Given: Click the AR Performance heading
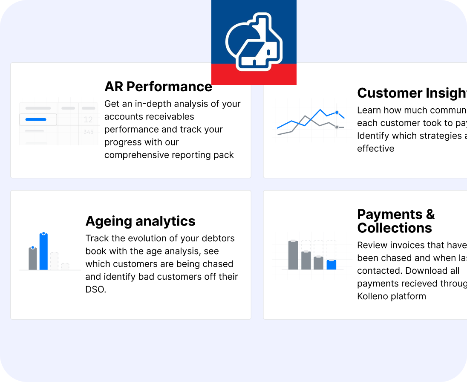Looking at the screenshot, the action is tap(158, 87).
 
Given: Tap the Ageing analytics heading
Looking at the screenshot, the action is tap(140, 221).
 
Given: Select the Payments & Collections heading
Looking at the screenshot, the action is tap(395, 221).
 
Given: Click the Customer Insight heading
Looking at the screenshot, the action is tap(412, 93).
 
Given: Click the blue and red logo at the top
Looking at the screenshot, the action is tap(254, 42).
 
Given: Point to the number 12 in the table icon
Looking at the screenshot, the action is tap(88, 120).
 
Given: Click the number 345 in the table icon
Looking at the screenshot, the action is tap(88, 132).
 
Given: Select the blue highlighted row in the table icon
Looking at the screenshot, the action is tap(38, 120).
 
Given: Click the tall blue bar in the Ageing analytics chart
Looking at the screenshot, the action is tap(43, 252).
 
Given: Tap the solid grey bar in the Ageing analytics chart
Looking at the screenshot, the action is tap(33, 258).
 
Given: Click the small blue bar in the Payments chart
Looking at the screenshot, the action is tap(331, 265).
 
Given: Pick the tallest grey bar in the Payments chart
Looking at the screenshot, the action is tap(293, 255).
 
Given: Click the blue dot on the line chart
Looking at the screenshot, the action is tap(337, 113).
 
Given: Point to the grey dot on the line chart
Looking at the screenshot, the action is tap(337, 127).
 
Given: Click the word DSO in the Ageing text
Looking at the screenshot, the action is tap(95, 289).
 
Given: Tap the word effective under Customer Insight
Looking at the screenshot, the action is tap(375, 149).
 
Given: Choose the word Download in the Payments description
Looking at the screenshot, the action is tap(426, 271).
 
